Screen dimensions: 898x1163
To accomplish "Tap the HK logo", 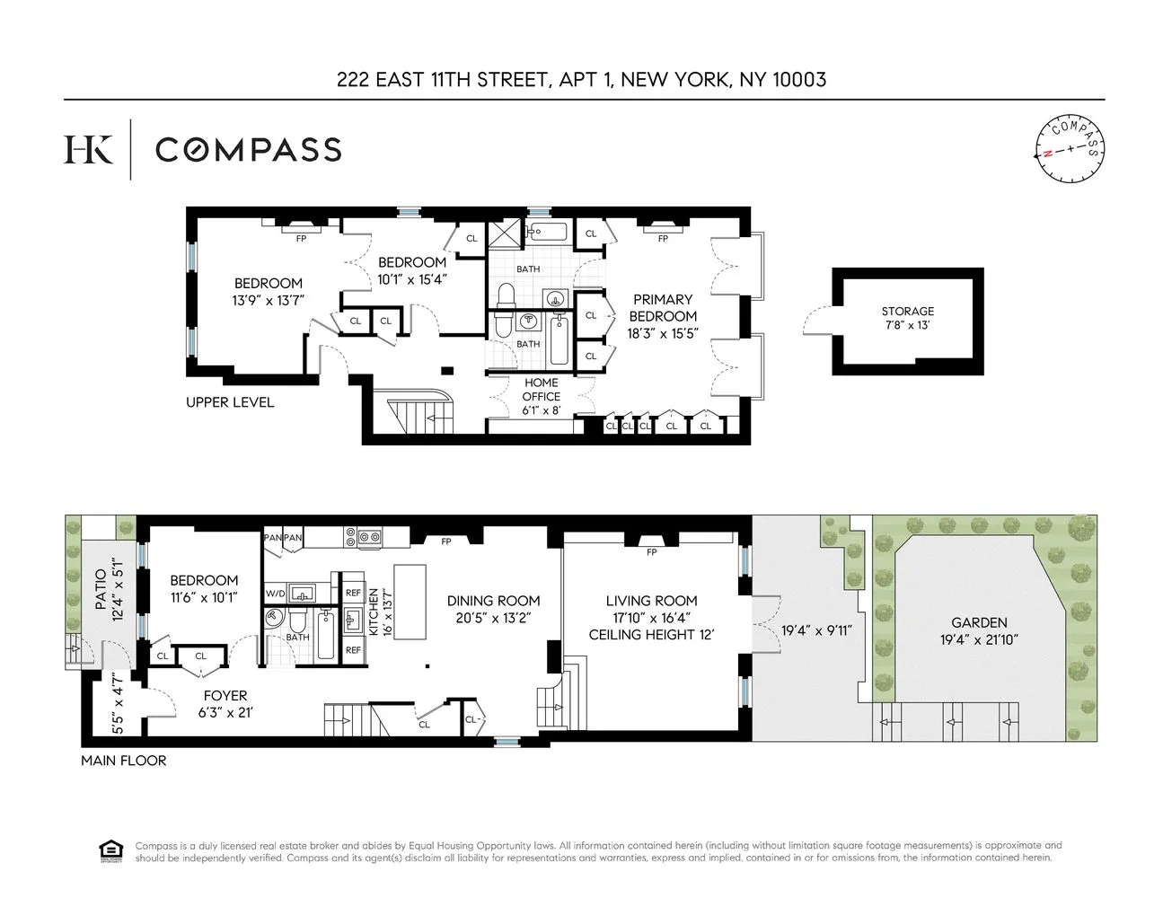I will pyautogui.click(x=88, y=149).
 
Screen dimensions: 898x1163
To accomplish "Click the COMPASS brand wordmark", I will pyautogui.click(x=248, y=149).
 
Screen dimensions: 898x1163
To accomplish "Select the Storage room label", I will pyautogui.click(x=907, y=312).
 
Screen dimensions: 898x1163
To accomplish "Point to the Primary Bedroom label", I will pyautogui.click(x=663, y=307).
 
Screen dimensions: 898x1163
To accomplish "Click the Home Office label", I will pyautogui.click(x=542, y=390).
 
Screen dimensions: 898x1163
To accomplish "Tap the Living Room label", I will pyautogui.click(x=651, y=601).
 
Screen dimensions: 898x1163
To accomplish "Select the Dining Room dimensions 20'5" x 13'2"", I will pyautogui.click(x=493, y=617).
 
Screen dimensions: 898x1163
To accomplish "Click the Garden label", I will pyautogui.click(x=980, y=622).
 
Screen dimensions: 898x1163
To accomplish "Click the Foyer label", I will pyautogui.click(x=225, y=696).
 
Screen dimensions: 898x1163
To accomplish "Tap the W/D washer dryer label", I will pyautogui.click(x=274, y=594).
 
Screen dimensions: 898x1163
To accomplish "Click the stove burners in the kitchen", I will pyautogui.click(x=369, y=539).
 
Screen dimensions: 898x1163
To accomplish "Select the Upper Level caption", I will pyautogui.click(x=230, y=402).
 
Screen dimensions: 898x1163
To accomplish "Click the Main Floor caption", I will pyautogui.click(x=123, y=761).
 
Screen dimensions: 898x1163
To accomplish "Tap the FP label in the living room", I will pyautogui.click(x=652, y=551).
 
